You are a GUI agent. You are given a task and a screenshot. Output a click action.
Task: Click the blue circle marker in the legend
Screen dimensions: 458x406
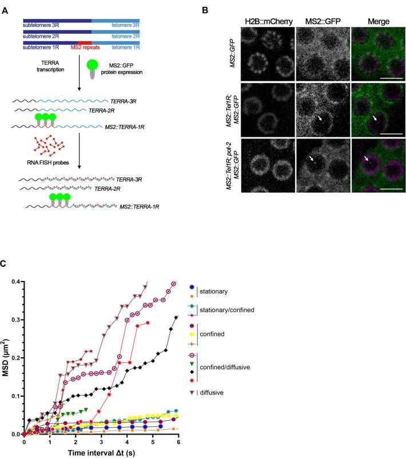pos(192,286)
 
